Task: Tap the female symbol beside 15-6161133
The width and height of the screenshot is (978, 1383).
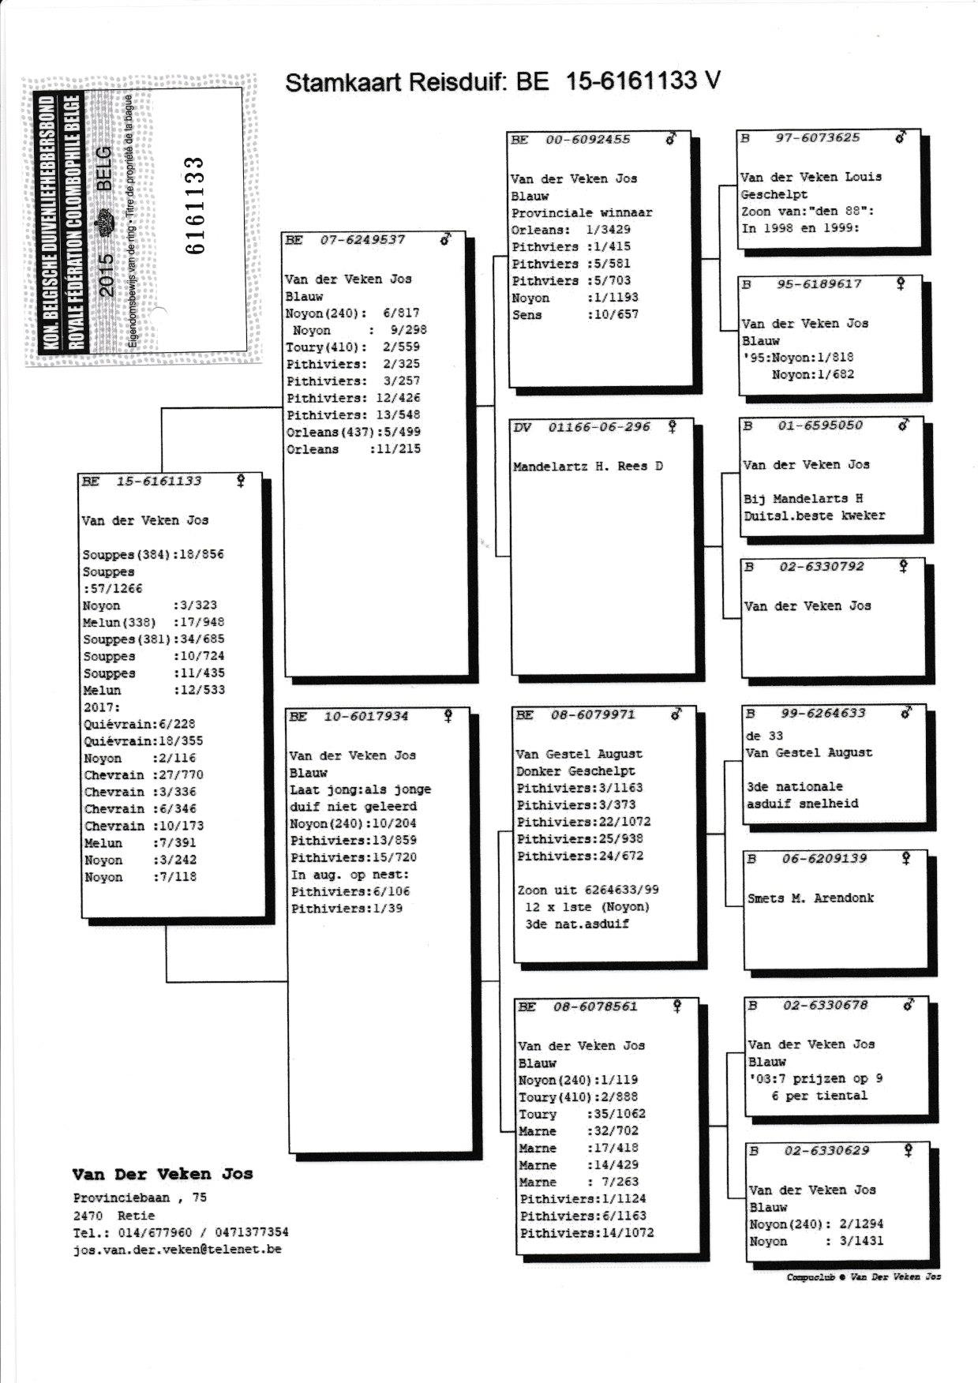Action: [x=241, y=480]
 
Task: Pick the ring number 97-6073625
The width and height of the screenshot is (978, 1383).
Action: [x=818, y=138]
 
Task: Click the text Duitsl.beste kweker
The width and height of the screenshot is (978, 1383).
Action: [x=814, y=515]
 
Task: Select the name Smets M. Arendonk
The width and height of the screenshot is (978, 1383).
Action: [x=811, y=898]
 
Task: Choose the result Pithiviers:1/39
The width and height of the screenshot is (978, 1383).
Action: [x=352, y=909]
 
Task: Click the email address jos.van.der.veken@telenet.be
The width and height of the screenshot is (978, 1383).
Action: [x=177, y=1250]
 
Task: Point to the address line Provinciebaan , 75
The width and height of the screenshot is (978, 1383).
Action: [x=140, y=1197]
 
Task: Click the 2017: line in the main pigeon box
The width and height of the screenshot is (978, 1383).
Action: [x=101, y=707]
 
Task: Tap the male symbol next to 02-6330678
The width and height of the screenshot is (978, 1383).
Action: [x=909, y=1005]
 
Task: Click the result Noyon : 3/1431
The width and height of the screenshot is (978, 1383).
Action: [x=816, y=1241]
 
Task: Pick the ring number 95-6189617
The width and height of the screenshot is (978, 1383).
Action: [x=819, y=284]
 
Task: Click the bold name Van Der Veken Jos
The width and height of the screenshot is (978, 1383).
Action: [x=162, y=1175]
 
